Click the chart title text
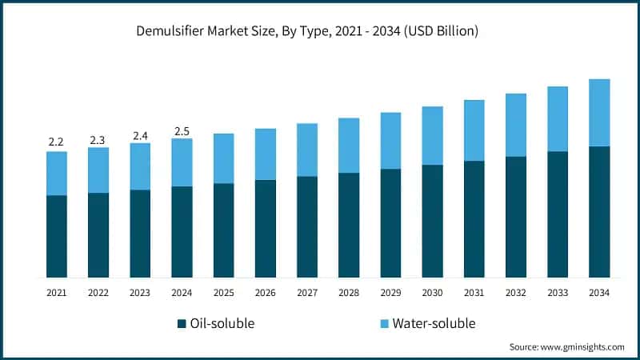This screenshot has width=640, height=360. (x=320, y=32)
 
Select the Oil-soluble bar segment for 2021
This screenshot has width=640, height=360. (x=57, y=236)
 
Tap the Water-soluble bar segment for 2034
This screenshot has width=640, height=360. (x=599, y=113)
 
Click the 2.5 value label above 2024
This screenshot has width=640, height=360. (x=182, y=131)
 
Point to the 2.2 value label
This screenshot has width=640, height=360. (x=56, y=142)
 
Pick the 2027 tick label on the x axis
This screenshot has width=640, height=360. (x=306, y=294)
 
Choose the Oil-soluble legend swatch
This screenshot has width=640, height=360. (x=182, y=324)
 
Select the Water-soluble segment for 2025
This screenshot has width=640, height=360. (x=223, y=158)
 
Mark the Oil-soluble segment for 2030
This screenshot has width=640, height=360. (x=432, y=221)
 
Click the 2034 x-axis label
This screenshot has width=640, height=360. (x=599, y=294)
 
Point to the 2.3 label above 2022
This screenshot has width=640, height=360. (x=98, y=140)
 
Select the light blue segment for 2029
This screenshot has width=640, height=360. (x=390, y=141)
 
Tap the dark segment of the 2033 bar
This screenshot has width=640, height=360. (x=558, y=214)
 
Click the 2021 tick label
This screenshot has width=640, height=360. (x=56, y=294)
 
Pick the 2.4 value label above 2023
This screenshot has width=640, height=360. (x=139, y=135)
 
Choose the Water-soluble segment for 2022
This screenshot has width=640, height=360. (x=98, y=170)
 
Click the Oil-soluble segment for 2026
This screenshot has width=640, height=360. (x=265, y=229)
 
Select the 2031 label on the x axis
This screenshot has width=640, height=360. (x=474, y=294)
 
